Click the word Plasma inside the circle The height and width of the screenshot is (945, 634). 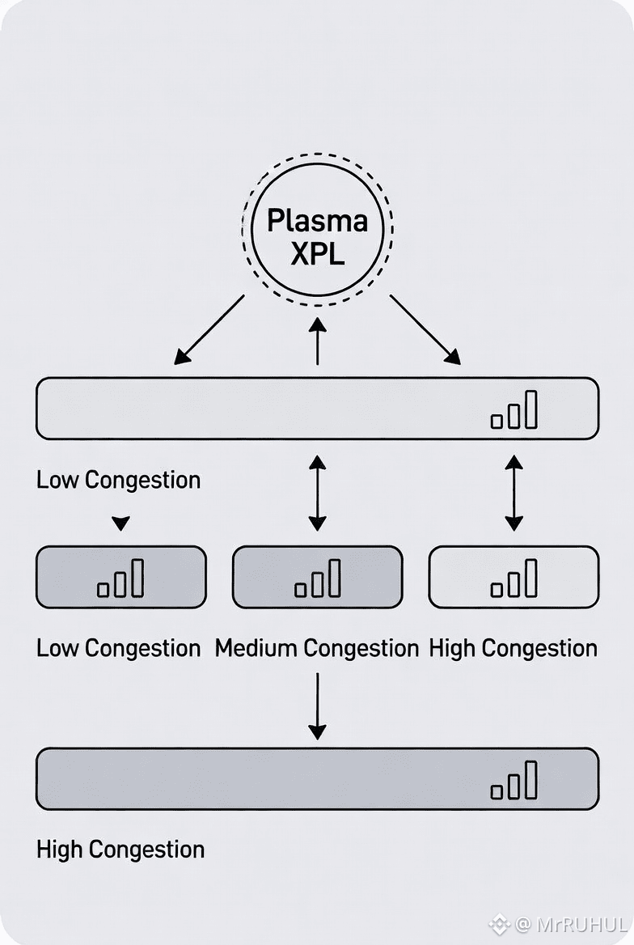[317, 220]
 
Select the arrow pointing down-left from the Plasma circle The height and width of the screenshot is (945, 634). [209, 329]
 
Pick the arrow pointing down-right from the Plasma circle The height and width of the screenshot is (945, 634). [425, 329]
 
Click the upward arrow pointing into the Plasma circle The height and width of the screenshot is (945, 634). [317, 341]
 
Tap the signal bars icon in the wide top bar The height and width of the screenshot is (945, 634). [514, 410]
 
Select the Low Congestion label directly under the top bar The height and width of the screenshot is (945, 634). [118, 480]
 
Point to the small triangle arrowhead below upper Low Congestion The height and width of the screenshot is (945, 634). [120, 524]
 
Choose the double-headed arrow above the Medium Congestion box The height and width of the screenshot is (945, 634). [317, 493]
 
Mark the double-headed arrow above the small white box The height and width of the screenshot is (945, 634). [514, 493]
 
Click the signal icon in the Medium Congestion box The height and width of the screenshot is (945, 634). [317, 578]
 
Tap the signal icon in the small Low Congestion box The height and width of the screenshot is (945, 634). [120, 578]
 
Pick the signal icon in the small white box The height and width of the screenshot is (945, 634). [514, 578]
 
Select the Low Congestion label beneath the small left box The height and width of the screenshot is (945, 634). [118, 648]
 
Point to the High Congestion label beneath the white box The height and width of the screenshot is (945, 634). [513, 648]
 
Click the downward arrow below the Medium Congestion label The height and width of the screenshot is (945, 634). [317, 706]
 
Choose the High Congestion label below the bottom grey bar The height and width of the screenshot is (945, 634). [120, 850]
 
